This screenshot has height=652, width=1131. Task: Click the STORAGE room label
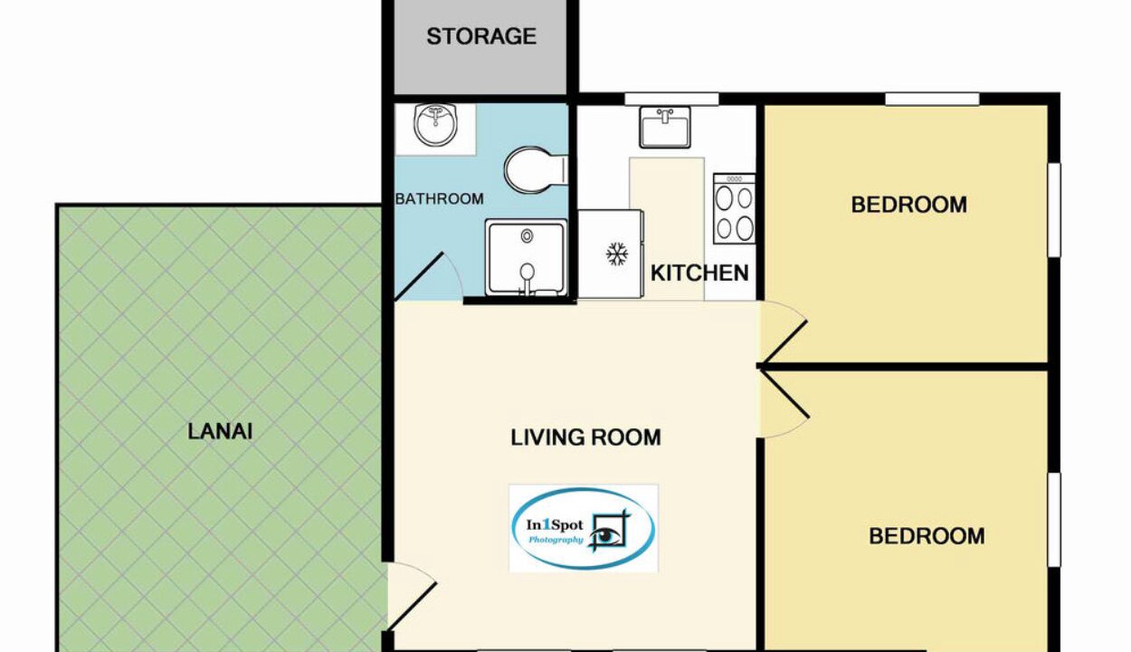pyautogui.click(x=481, y=36)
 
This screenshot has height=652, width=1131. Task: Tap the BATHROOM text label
pyautogui.click(x=439, y=199)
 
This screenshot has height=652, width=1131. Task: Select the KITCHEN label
pyautogui.click(x=699, y=273)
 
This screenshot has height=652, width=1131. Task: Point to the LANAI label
pyautogui.click(x=220, y=432)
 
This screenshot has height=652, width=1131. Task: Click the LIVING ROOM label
pyautogui.click(x=585, y=437)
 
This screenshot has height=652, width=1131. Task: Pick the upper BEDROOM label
pyautogui.click(x=908, y=206)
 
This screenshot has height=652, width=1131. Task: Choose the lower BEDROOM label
pyautogui.click(x=927, y=536)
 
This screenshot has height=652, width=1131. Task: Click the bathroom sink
pyautogui.click(x=435, y=125)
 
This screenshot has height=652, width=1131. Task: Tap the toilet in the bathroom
pyautogui.click(x=536, y=170)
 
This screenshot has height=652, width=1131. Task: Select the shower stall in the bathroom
pyautogui.click(x=526, y=257)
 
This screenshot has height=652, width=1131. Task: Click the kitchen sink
pyautogui.click(x=664, y=128)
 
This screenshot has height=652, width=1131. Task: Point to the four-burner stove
pyautogui.click(x=734, y=208)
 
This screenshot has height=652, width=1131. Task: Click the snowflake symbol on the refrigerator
pyautogui.click(x=617, y=254)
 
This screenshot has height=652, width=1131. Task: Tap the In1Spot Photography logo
pyautogui.click(x=584, y=528)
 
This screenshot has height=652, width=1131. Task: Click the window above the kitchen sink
pyautogui.click(x=671, y=99)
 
